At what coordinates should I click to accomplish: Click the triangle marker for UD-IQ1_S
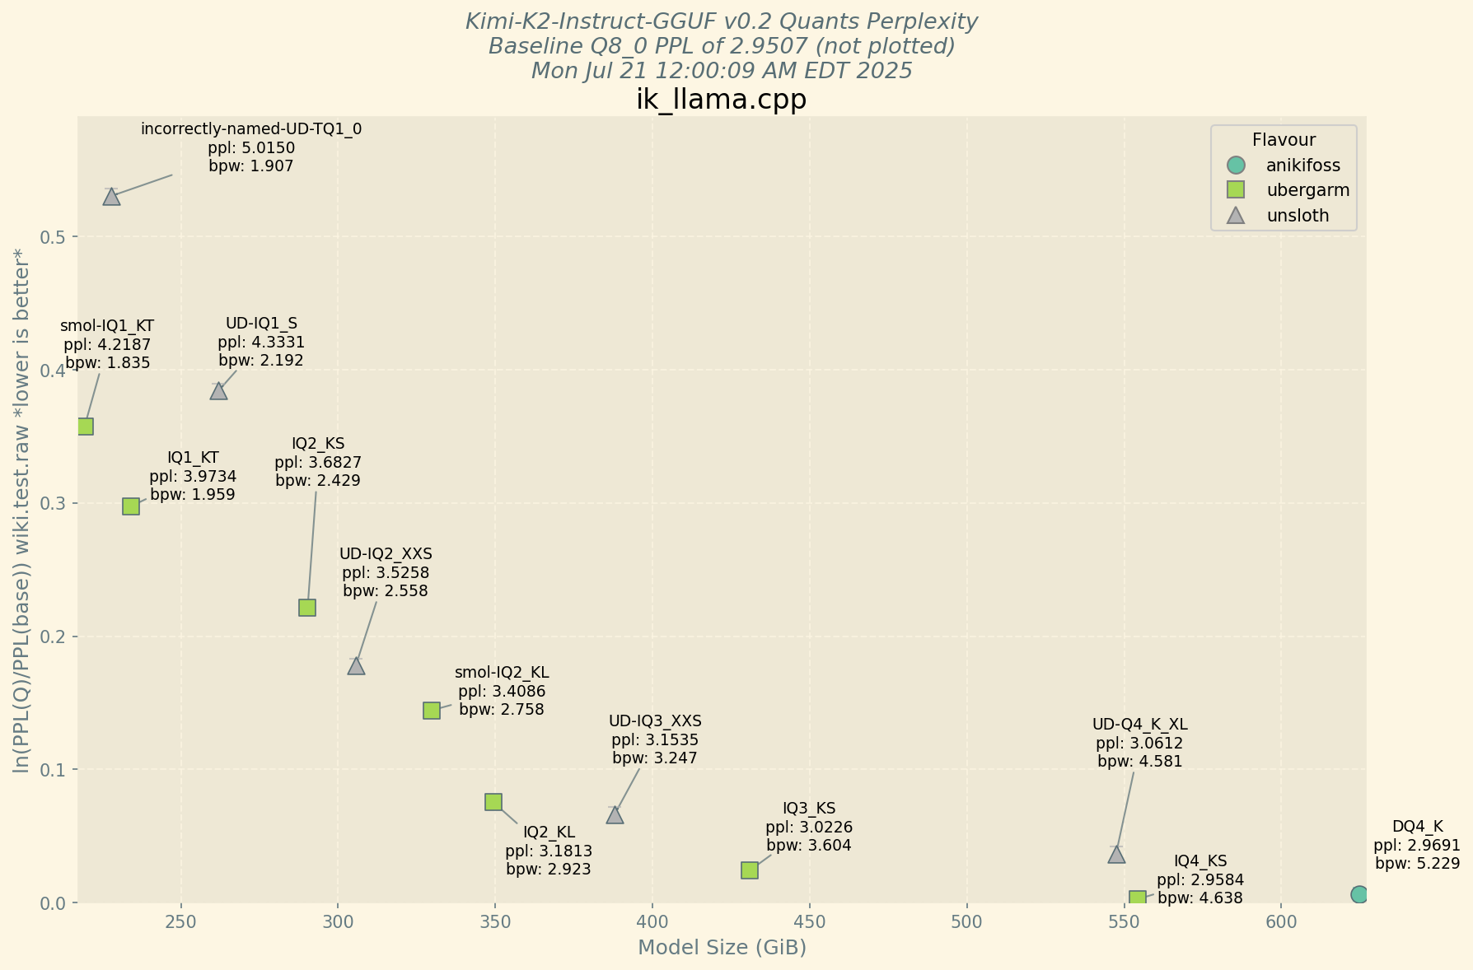pos(218,391)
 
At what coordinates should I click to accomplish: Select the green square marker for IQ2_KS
pos(307,608)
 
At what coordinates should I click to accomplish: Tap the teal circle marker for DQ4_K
pos(1359,894)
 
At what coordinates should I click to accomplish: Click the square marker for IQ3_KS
pos(750,870)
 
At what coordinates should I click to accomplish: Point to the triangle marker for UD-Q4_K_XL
pos(1116,855)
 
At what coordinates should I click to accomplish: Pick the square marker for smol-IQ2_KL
pos(432,711)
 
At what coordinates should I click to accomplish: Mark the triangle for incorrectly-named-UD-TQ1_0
pos(111,197)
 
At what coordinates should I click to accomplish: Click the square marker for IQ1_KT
pos(131,506)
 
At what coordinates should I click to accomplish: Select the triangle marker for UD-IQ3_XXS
pos(615,816)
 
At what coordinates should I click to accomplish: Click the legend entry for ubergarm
pos(1307,190)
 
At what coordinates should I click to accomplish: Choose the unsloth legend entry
pos(1298,216)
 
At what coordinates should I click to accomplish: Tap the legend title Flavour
pos(1284,140)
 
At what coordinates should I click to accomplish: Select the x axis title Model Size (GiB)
pos(722,948)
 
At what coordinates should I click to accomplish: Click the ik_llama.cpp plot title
pos(722,100)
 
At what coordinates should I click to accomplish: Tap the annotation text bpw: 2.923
pos(549,870)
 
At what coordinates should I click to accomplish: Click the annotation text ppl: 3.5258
pos(386,572)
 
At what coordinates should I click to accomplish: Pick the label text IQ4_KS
pos(1200,861)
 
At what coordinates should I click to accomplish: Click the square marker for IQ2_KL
pos(493,802)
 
